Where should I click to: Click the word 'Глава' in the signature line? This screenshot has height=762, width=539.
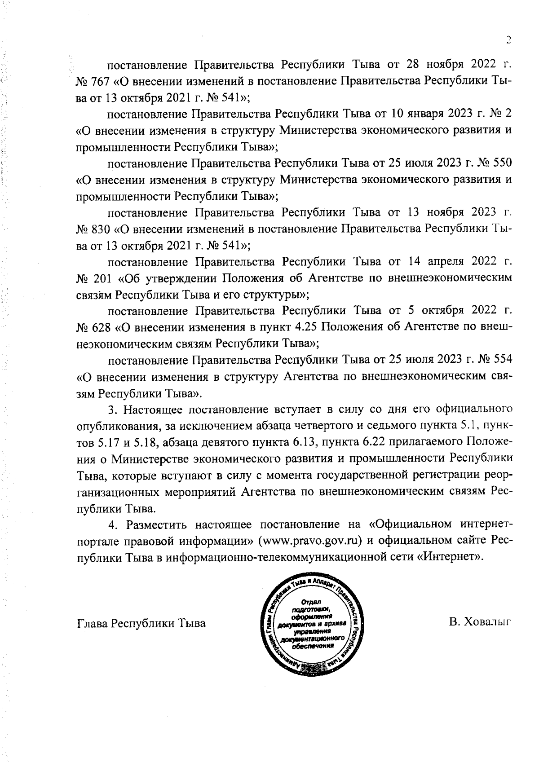(x=93, y=623)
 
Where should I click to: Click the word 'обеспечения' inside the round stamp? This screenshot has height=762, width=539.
(x=313, y=646)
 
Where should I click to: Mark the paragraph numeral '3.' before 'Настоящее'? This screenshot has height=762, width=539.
(x=114, y=410)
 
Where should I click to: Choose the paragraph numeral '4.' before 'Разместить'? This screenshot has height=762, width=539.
(x=114, y=524)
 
